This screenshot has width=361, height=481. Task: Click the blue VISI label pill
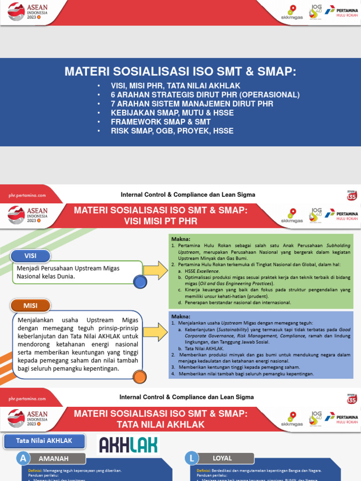[30, 256]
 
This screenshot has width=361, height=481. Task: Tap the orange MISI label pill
[30, 305]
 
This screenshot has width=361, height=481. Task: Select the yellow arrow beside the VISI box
[156, 271]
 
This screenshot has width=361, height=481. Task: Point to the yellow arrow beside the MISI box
[156, 332]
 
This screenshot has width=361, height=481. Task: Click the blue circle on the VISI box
[140, 282]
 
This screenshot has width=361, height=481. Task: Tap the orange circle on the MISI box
[140, 377]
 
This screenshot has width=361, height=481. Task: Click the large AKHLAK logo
[128, 444]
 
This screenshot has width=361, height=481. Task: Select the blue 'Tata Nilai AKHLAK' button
[44, 441]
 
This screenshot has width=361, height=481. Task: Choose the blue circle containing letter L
[191, 458]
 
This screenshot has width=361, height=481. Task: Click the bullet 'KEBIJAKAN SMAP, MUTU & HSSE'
[172, 113]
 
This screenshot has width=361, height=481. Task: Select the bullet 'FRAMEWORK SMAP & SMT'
[161, 122]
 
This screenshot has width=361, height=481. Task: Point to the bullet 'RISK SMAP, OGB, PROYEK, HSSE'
[172, 131]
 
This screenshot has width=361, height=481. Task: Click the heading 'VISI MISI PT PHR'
[160, 221]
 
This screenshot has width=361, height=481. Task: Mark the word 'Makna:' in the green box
[180, 239]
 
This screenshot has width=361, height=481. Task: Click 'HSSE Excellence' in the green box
[202, 271]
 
